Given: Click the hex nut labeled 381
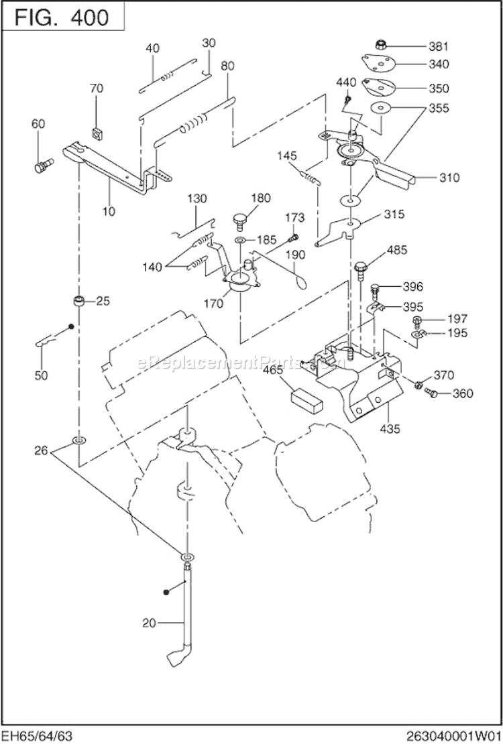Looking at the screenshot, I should click(x=378, y=46).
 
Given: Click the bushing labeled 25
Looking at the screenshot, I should click(x=79, y=300).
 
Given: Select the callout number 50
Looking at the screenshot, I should click(x=42, y=375).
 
